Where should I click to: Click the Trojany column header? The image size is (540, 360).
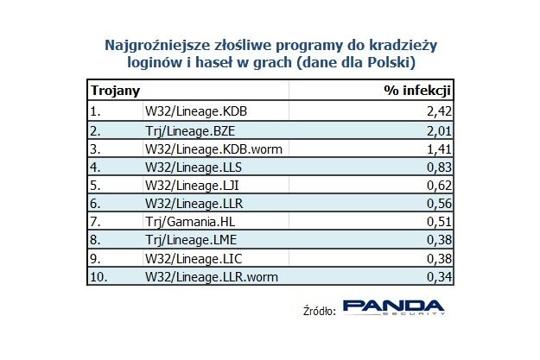point(116,90)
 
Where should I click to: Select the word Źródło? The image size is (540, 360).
point(315,311)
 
